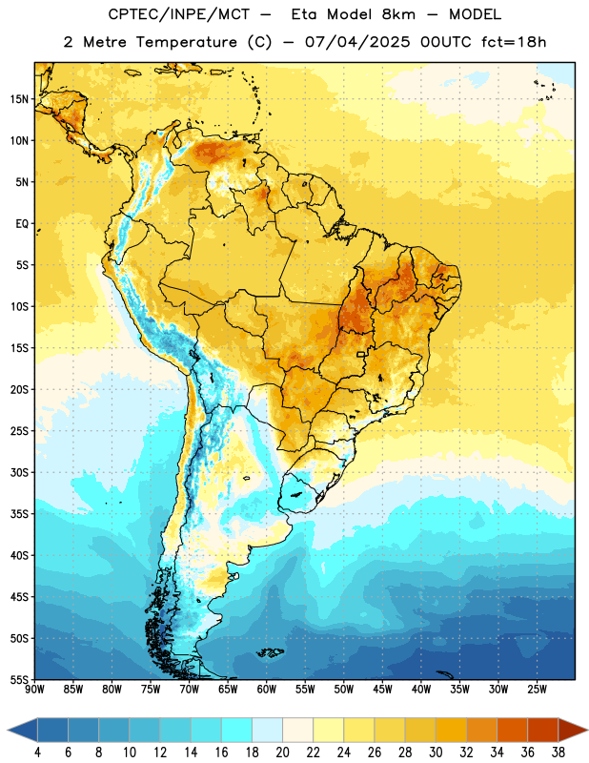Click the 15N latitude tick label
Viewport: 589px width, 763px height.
19,99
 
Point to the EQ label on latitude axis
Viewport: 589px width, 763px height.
22,224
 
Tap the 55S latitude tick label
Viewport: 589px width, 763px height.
19,679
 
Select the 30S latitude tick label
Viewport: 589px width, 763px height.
19,472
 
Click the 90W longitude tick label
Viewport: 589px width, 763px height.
34,690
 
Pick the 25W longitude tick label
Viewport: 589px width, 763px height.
537,690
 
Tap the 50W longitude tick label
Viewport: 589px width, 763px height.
344,690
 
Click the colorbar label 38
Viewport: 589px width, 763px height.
559,753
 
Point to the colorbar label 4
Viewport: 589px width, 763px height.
37,753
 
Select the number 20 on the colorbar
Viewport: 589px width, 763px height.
282,753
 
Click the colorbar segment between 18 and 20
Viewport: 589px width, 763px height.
267,731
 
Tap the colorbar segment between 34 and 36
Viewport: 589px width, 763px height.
512,731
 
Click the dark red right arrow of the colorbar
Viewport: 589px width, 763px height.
572,731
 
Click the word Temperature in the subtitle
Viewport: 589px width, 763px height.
187,42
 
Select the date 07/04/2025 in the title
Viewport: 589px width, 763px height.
357,42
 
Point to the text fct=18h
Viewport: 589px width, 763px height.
514,42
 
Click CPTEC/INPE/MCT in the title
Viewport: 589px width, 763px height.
179,14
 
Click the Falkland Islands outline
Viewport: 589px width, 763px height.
270,652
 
